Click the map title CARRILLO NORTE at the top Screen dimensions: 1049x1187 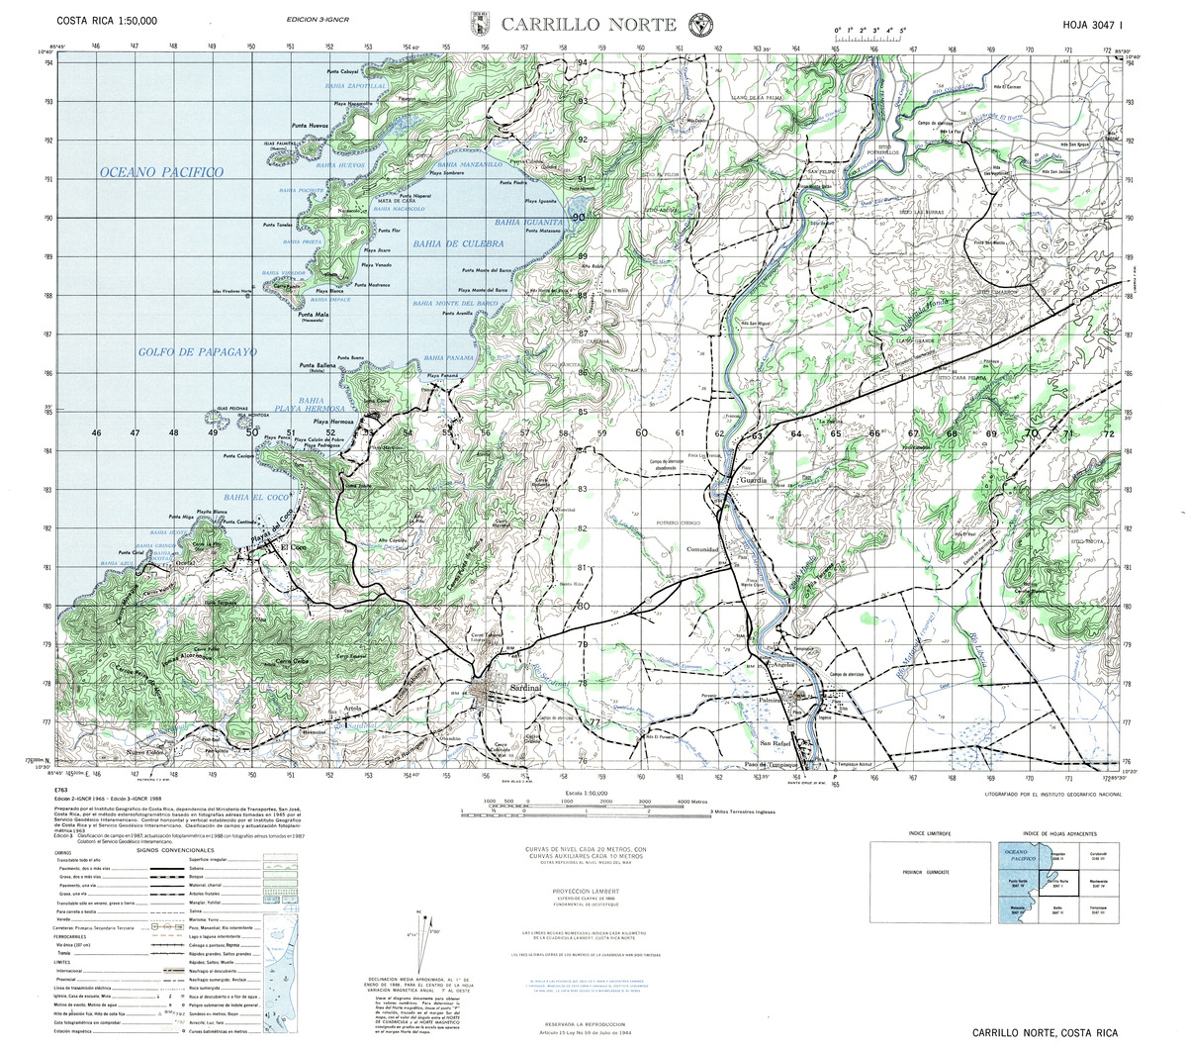588,25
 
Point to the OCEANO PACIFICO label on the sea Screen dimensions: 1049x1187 161,172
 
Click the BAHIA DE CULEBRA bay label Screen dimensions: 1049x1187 459,242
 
